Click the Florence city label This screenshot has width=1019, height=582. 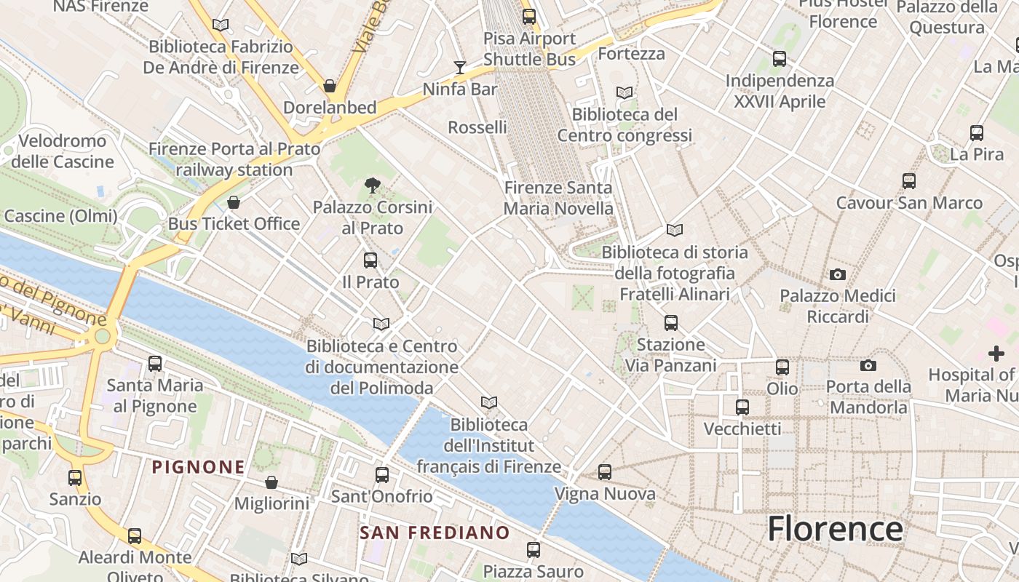point(835,528)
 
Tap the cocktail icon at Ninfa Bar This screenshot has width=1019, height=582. point(459,68)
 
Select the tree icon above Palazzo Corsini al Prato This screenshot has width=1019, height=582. point(372,186)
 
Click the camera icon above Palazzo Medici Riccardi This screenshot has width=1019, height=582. point(838,274)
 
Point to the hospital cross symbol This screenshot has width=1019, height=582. point(996,354)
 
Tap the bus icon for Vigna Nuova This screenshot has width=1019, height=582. point(605,472)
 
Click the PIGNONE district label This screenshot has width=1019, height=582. point(198,467)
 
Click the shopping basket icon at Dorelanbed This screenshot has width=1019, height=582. point(330,86)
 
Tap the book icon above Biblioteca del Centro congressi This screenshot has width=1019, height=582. point(624,92)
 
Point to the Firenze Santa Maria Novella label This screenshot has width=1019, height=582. point(559,198)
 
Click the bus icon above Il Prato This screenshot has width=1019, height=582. point(370,260)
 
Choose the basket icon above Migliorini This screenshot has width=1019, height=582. point(271,482)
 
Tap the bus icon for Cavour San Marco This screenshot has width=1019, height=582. point(908,181)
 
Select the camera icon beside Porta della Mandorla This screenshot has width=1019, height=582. point(868,365)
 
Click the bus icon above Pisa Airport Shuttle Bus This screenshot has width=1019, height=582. point(529,17)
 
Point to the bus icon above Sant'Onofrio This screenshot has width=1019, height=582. point(382,475)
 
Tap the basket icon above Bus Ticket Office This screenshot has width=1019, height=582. point(234,202)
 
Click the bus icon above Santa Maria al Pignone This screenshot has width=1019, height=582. point(155,363)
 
